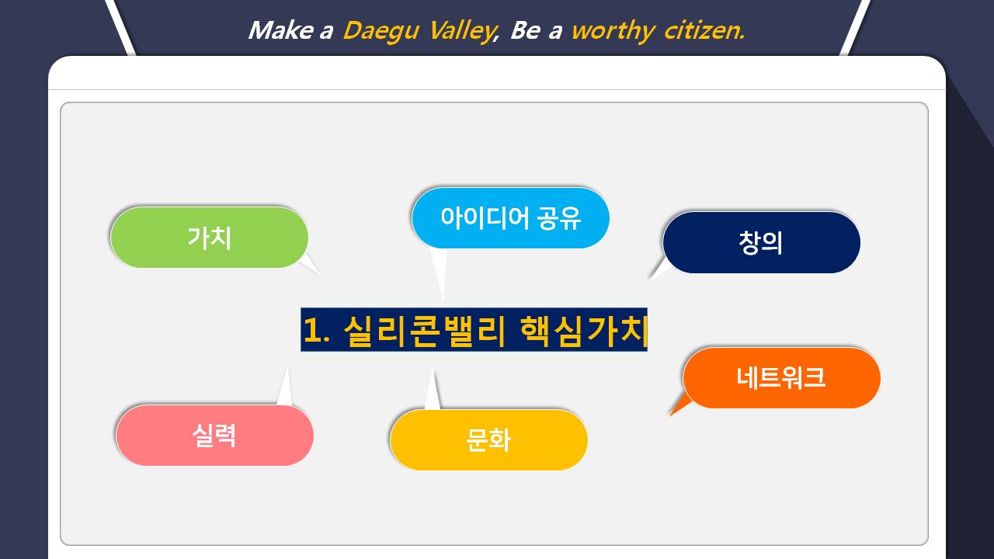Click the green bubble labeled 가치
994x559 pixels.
(x=209, y=238)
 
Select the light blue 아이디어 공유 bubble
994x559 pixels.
(x=510, y=218)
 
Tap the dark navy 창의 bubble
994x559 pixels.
(x=762, y=242)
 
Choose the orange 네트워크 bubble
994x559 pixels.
(x=781, y=378)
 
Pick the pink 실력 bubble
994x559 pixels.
(x=215, y=436)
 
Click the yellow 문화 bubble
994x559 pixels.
(x=489, y=439)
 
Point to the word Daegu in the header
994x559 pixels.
(x=381, y=32)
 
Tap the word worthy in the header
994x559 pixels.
(x=613, y=32)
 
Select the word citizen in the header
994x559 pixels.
(x=704, y=30)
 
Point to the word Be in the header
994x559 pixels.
(x=526, y=30)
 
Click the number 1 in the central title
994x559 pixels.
(x=312, y=330)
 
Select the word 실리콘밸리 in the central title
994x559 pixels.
(x=425, y=331)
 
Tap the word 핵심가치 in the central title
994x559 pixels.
(x=583, y=331)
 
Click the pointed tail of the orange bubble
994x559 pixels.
(x=670, y=415)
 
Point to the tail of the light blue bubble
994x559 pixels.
(x=443, y=299)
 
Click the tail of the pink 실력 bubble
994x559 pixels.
(x=287, y=368)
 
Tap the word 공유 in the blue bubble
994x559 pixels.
(x=558, y=218)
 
